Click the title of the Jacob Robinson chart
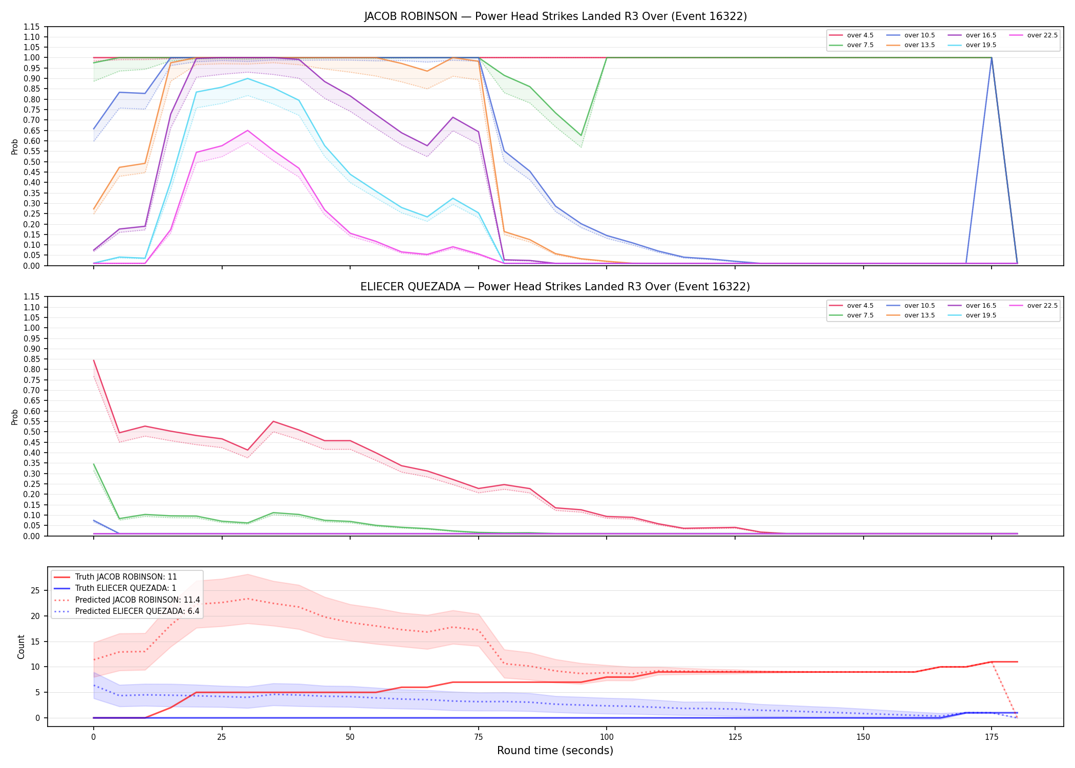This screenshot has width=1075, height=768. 555,16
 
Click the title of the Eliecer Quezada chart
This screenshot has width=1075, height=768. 555,287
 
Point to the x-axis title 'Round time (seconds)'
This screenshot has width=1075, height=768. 555,751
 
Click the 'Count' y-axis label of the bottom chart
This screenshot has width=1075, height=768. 21,647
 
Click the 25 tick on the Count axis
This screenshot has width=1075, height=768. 35,590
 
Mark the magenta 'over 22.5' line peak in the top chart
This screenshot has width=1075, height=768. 248,130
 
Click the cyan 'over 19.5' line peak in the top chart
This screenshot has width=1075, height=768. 248,78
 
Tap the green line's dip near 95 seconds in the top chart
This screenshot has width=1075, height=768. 581,136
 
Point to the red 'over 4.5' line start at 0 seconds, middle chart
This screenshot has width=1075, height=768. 94,360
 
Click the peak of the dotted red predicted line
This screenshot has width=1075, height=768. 248,599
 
